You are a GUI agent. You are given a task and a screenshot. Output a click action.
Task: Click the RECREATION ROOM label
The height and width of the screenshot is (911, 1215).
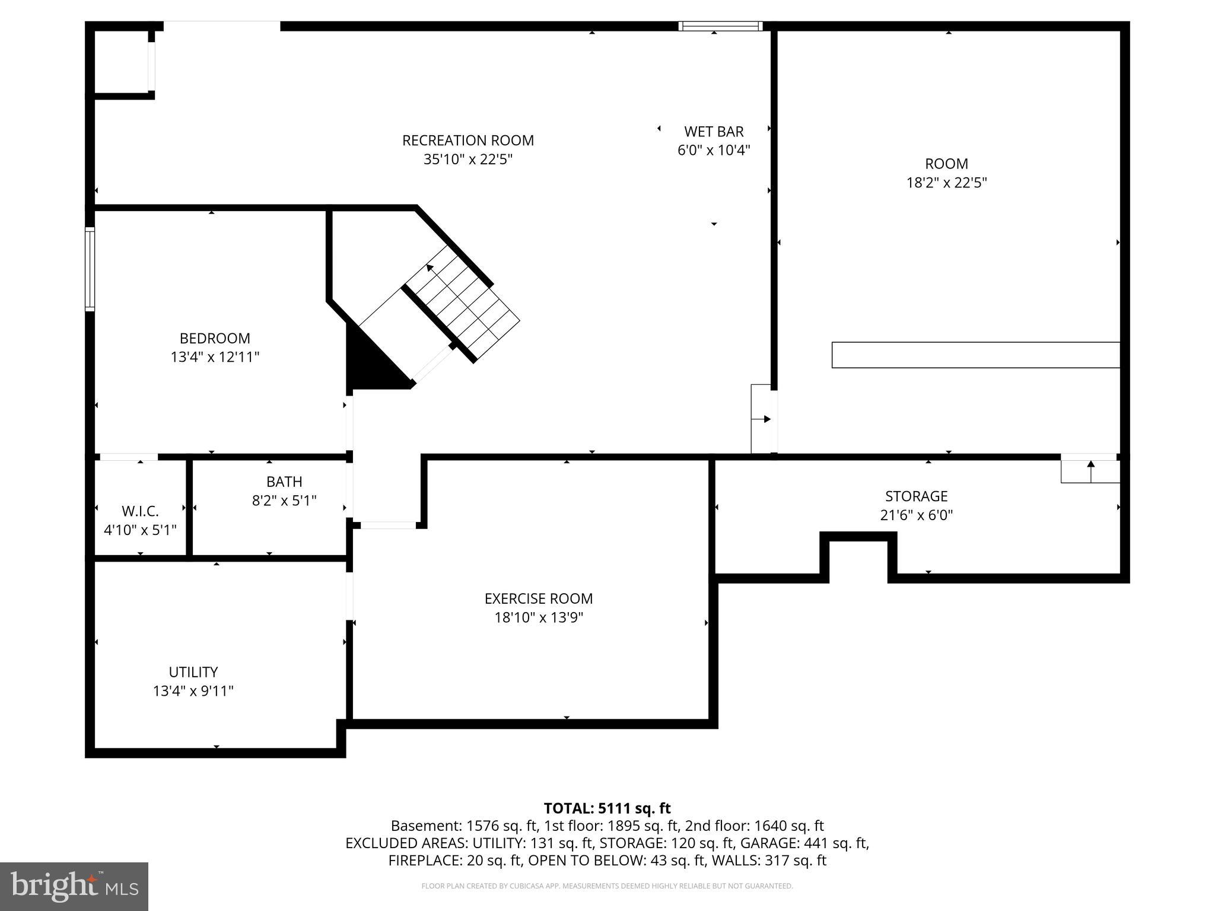(x=467, y=141)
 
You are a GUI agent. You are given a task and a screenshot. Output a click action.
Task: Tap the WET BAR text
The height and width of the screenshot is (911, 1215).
(x=713, y=132)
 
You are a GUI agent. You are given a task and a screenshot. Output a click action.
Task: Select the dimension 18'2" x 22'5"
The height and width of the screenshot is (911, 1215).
(x=946, y=183)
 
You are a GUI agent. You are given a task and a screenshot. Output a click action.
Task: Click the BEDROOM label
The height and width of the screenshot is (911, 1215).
(x=215, y=338)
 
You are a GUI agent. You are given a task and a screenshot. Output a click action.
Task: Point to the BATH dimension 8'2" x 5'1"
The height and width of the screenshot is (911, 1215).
(x=284, y=501)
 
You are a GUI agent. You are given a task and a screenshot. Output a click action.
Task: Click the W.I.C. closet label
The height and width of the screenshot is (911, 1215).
(x=140, y=511)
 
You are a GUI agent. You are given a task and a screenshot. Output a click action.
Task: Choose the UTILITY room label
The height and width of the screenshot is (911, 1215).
(x=193, y=672)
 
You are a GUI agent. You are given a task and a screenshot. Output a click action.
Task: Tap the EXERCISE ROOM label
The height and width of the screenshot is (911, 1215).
(x=538, y=598)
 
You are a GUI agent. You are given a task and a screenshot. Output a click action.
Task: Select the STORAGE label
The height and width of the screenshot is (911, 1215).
(x=916, y=496)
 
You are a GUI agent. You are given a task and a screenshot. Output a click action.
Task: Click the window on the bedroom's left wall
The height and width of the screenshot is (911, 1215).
(x=90, y=269)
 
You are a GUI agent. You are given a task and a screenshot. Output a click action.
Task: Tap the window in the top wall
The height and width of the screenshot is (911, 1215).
(x=720, y=26)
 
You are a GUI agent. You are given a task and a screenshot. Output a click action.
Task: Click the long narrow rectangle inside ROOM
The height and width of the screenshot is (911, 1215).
(x=975, y=355)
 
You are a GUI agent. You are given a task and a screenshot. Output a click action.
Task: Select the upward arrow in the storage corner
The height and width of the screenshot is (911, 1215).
(x=1090, y=470)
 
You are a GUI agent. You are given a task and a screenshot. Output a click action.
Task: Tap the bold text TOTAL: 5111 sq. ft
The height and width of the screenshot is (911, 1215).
(x=607, y=808)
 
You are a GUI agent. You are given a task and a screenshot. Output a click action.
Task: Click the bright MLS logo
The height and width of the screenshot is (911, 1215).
(x=74, y=886)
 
